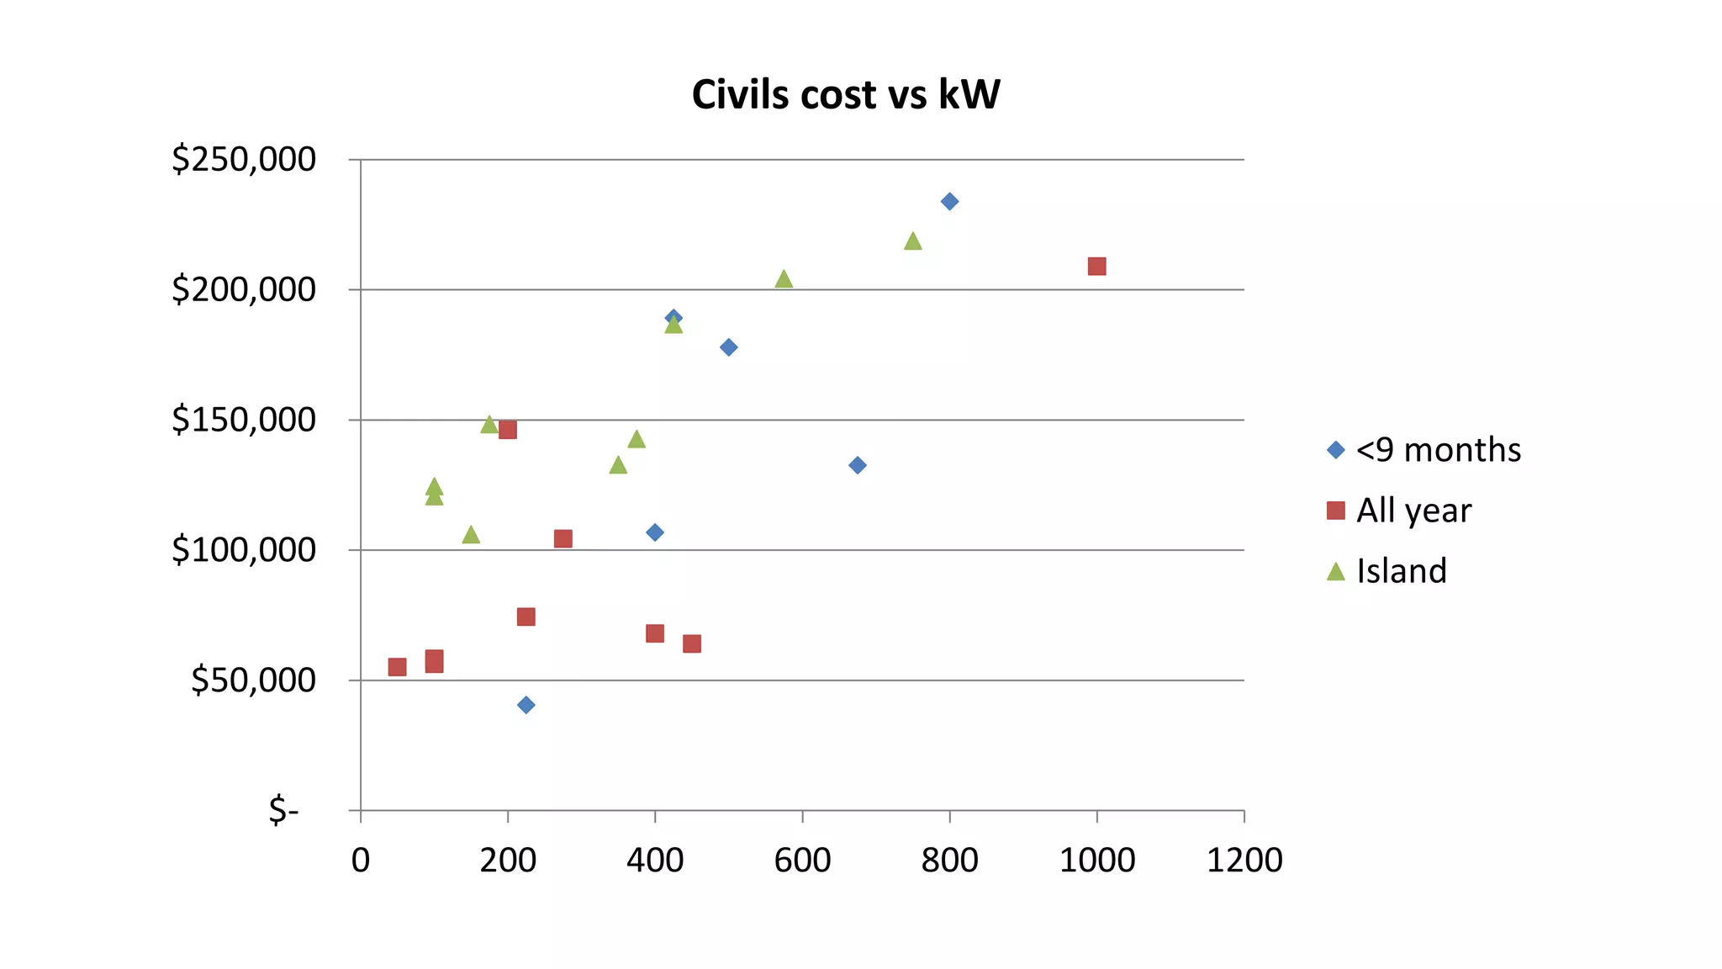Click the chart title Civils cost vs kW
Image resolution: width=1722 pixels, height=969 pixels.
(846, 94)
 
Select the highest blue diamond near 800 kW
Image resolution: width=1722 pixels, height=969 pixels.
(949, 201)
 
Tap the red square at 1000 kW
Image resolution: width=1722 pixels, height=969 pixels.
(1096, 267)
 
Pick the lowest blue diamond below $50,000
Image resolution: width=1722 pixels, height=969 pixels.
(526, 705)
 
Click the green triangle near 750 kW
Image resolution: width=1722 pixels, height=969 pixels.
(912, 242)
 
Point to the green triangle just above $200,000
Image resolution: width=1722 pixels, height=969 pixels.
(784, 279)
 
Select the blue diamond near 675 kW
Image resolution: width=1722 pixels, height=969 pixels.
(857, 465)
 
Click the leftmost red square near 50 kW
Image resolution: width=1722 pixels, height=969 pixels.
(397, 667)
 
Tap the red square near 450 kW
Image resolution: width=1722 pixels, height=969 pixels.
(691, 644)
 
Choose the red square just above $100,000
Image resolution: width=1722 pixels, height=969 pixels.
(563, 539)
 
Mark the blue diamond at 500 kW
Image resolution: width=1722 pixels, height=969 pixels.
(728, 347)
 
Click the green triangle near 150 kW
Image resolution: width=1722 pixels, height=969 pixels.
(471, 535)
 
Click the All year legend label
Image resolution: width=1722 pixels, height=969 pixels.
(1413, 511)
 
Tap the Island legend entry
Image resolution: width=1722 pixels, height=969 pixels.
(1401, 571)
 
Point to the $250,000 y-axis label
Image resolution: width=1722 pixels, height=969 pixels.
(243, 159)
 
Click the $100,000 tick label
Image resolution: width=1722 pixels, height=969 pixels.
(243, 550)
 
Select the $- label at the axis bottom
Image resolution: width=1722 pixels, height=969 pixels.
(283, 811)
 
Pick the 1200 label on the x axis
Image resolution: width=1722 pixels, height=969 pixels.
(1244, 860)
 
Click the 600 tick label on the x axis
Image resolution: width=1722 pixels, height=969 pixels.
(801, 860)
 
